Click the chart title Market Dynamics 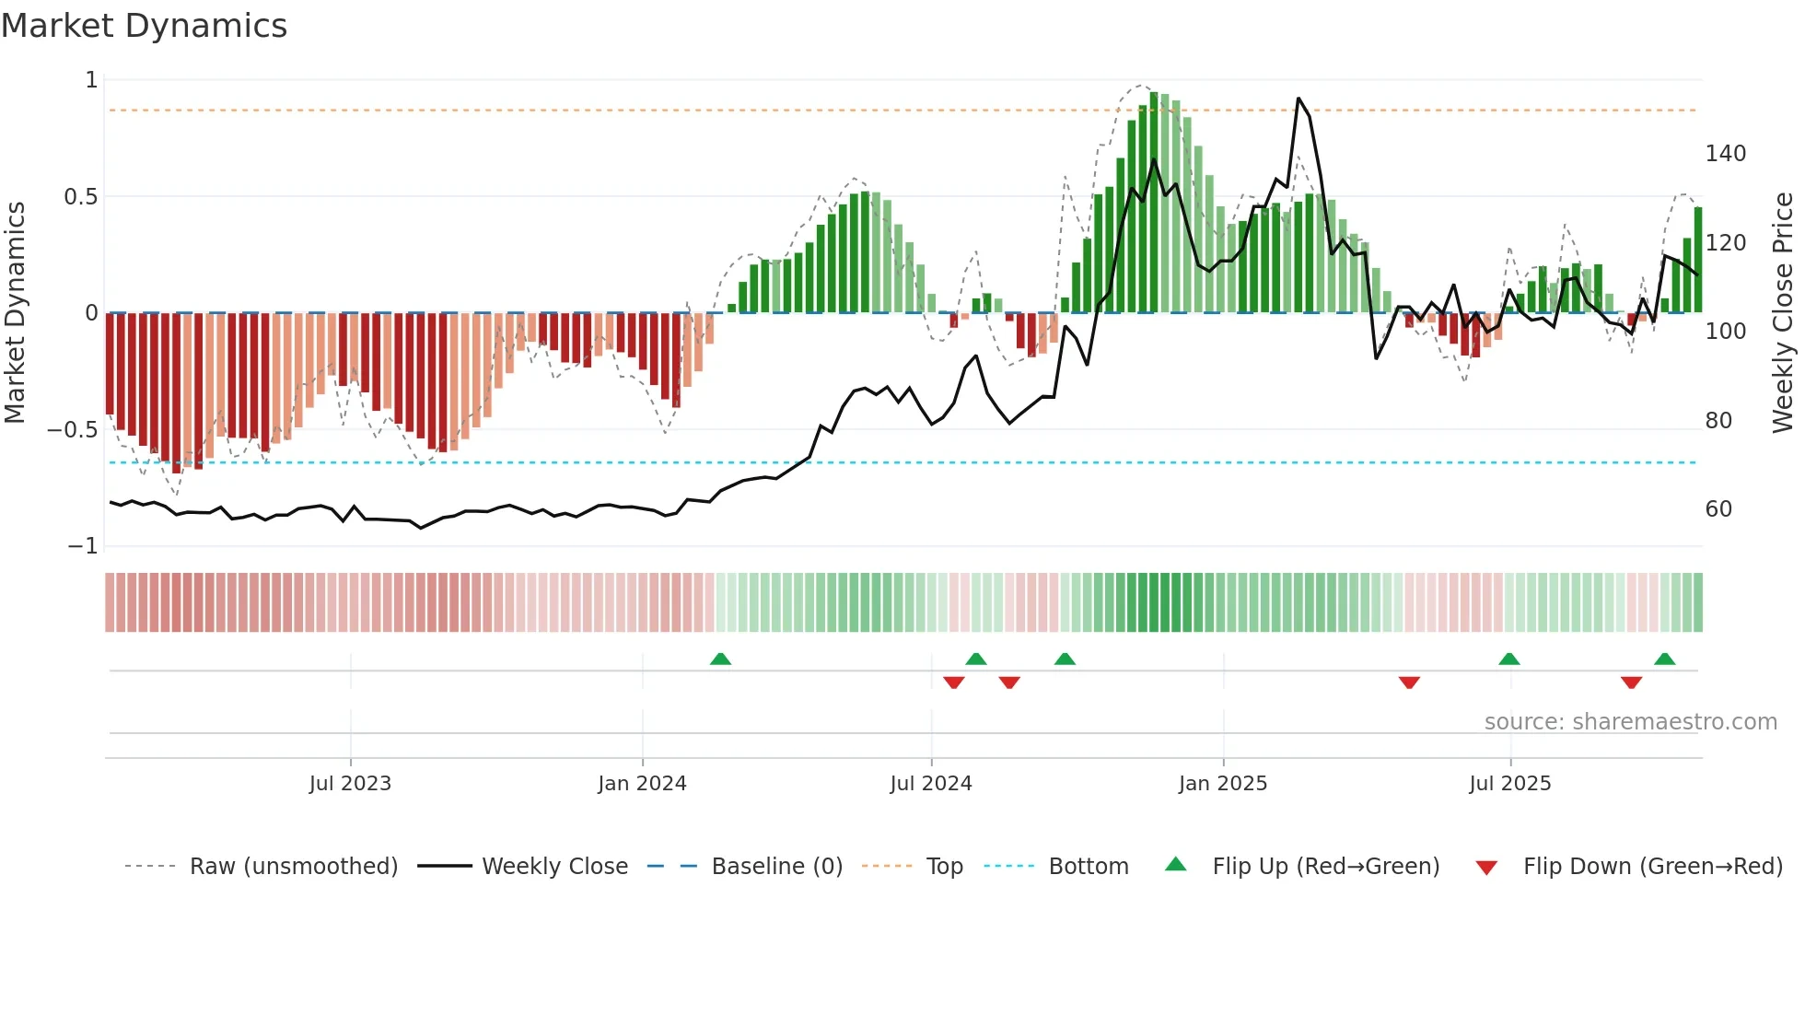pyautogui.click(x=145, y=26)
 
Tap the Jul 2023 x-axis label pyautogui.click(x=350, y=784)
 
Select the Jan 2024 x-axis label pyautogui.click(x=642, y=784)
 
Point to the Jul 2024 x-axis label pyautogui.click(x=930, y=784)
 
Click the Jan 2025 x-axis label pyautogui.click(x=1222, y=784)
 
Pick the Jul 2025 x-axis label pyautogui.click(x=1509, y=784)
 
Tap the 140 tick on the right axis pyautogui.click(x=1725, y=154)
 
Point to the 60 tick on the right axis pyautogui.click(x=1718, y=509)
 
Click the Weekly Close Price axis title pyautogui.click(x=1783, y=313)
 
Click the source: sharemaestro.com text pyautogui.click(x=1630, y=722)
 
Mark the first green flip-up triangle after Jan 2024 pyautogui.click(x=720, y=659)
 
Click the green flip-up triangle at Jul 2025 pyautogui.click(x=1508, y=659)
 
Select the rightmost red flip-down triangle pyautogui.click(x=1631, y=682)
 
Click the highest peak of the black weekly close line pyautogui.click(x=1298, y=99)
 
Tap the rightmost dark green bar pyautogui.click(x=1698, y=260)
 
